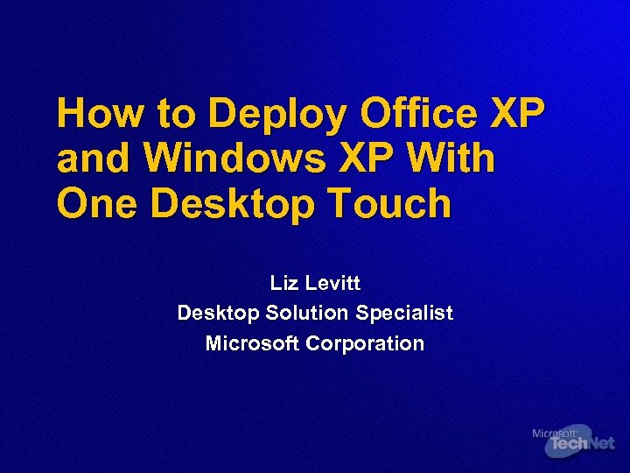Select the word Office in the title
pyautogui.click(x=419, y=114)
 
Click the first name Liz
pyautogui.click(x=285, y=284)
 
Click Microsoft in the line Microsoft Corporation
pyautogui.click(x=252, y=343)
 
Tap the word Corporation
pyautogui.click(x=365, y=343)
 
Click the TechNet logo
pyautogui.click(x=580, y=445)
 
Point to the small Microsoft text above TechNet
pyautogui.click(x=554, y=433)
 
